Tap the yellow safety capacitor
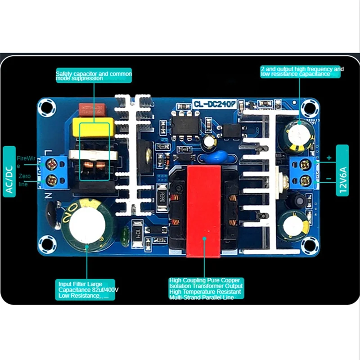tap(93, 127)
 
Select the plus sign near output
tap(328, 157)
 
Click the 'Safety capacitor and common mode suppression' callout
tap(94, 75)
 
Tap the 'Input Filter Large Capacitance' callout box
tap(88, 290)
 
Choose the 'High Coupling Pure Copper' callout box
tap(206, 288)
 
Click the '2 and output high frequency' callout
tap(302, 72)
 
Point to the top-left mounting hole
tap(47, 107)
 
